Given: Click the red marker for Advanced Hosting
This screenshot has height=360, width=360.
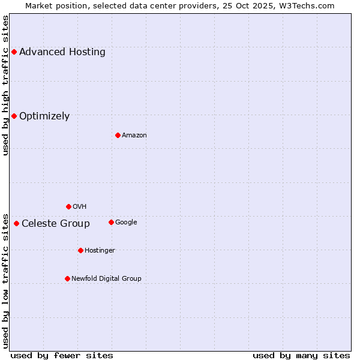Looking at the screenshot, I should pyautogui.click(x=14, y=52).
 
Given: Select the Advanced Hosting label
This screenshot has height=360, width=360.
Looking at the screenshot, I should pyautogui.click(x=62, y=52).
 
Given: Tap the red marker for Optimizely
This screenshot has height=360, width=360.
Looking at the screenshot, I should pyautogui.click(x=14, y=116).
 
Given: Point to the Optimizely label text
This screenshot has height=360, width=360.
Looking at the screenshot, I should pyautogui.click(x=44, y=116).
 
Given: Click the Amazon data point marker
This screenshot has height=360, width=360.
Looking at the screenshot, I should pyautogui.click(x=118, y=135).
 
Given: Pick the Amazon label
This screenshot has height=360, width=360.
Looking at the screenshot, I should pyautogui.click(x=134, y=136).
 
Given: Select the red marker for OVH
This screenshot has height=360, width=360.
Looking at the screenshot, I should pyautogui.click(x=68, y=206).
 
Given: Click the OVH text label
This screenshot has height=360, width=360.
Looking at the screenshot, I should pyautogui.click(x=80, y=207).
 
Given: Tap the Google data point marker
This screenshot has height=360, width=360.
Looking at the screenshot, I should pyautogui.click(x=111, y=222).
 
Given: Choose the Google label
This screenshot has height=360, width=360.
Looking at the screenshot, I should pyautogui.click(x=126, y=223).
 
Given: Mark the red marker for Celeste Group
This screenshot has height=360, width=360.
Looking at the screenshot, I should pyautogui.click(x=16, y=224).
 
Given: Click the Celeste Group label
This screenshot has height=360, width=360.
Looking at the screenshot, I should pyautogui.click(x=56, y=224).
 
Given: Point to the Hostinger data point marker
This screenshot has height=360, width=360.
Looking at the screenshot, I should pyautogui.click(x=80, y=250).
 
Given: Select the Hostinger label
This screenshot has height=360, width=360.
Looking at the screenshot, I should pyautogui.click(x=100, y=251).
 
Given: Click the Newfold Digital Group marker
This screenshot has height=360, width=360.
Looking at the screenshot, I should pyautogui.click(x=67, y=278).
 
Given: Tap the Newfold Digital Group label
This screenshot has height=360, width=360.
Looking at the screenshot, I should pyautogui.click(x=107, y=279).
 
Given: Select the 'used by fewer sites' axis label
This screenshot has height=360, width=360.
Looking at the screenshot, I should pyautogui.click(x=62, y=355).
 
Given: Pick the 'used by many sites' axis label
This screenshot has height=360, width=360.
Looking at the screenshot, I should pyautogui.click(x=301, y=355).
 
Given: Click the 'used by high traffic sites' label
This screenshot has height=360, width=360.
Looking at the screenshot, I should pyautogui.click(x=5, y=85).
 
